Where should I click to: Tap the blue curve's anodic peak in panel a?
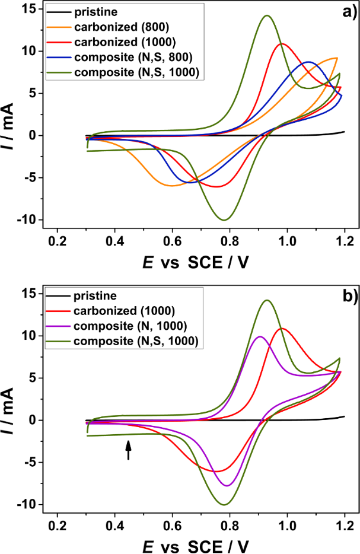(308, 62)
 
